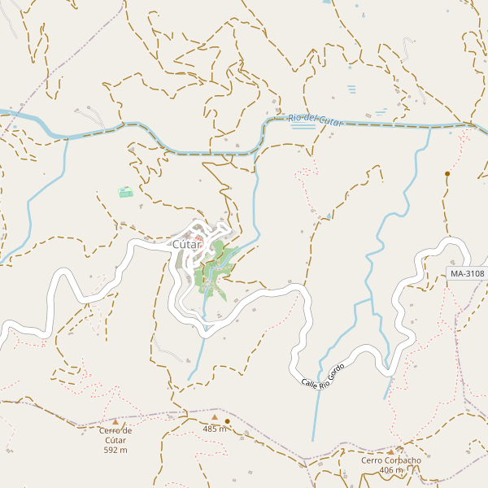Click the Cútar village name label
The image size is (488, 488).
186,244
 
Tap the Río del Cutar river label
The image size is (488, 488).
316,120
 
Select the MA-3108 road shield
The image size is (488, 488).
467,274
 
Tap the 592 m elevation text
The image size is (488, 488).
115,450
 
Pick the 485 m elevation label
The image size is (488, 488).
215,429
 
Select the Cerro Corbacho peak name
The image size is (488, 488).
391,460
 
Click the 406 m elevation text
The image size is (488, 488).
391,470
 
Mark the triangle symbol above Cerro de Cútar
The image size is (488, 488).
115,422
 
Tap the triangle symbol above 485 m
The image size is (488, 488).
215,417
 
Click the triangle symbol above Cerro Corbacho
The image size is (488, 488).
390,451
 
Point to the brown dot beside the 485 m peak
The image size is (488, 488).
227,421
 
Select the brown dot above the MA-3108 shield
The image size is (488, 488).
447,173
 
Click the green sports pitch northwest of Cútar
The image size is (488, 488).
125,192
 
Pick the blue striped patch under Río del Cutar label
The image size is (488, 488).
303,126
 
